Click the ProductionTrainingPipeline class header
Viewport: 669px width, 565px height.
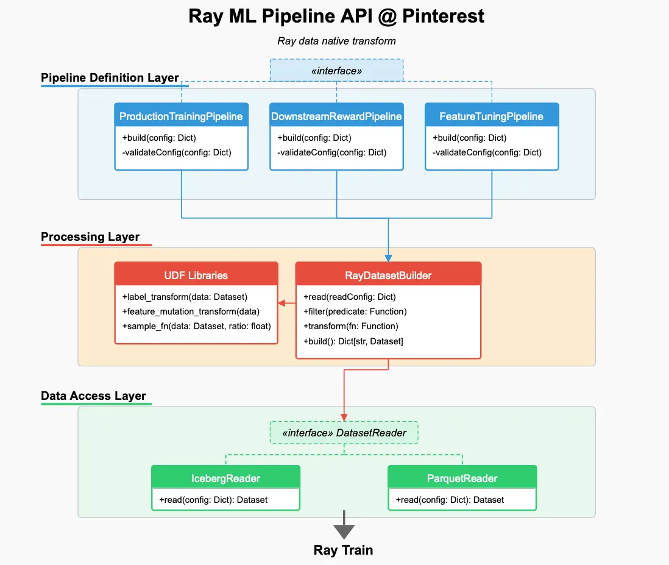pos(181,116)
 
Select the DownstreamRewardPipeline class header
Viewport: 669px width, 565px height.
pos(336,116)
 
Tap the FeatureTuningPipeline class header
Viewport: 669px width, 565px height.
pos(492,116)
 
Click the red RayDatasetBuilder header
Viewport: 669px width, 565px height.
pos(388,275)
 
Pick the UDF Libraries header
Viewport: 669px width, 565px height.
pos(196,275)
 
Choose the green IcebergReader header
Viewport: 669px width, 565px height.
pos(225,478)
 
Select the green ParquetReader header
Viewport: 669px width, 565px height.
pos(462,478)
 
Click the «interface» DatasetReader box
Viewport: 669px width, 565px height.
pos(344,433)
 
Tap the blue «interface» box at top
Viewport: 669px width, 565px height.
pos(336,71)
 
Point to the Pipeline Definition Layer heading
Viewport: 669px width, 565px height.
pos(110,78)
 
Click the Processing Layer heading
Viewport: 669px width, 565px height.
pos(90,237)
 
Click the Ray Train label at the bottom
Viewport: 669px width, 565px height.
pos(343,550)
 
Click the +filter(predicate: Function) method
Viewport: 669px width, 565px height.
pos(355,311)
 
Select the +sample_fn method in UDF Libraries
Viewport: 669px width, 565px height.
pos(196,326)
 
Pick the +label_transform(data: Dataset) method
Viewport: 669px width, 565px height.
pos(185,297)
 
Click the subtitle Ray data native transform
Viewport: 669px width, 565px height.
pos(336,41)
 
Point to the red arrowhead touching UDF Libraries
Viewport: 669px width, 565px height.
pos(282,303)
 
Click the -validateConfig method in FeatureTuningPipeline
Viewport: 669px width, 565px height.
pos(487,152)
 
